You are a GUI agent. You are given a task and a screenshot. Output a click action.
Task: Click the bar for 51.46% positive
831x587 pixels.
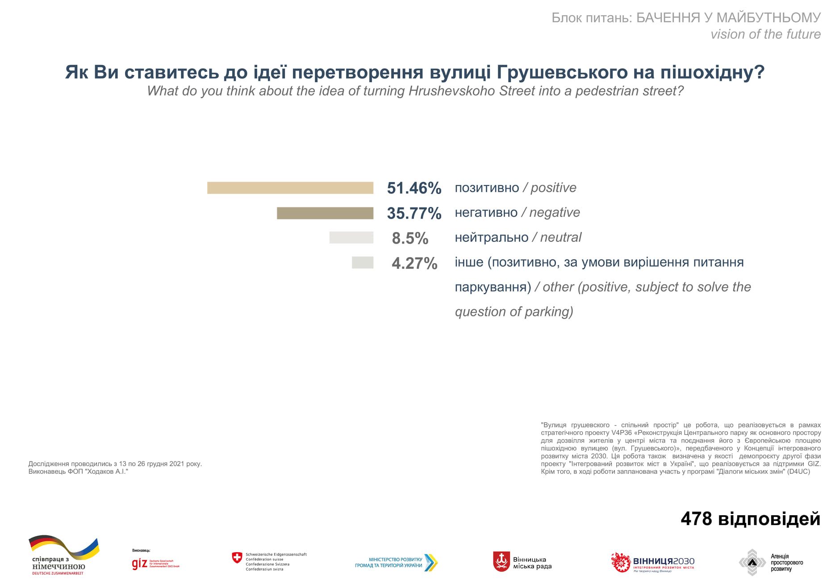point(290,188)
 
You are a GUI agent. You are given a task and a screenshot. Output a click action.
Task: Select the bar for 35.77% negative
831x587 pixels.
point(325,213)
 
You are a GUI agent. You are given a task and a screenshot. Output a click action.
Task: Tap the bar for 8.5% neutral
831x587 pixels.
point(351,238)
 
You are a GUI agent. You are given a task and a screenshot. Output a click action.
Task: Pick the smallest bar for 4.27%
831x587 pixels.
point(363,263)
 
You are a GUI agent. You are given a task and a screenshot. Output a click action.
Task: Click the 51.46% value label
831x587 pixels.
point(414,188)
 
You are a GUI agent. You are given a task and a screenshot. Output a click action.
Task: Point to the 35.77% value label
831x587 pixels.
point(414,213)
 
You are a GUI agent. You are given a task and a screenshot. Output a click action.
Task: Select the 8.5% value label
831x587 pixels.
point(410,239)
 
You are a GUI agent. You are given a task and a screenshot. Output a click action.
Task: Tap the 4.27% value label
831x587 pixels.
point(414,264)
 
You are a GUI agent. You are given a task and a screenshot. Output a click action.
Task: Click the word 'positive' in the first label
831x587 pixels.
point(553,188)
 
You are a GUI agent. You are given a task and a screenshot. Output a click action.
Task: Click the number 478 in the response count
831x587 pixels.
point(696,519)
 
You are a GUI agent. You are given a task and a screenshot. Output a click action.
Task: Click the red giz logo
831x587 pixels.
point(140,564)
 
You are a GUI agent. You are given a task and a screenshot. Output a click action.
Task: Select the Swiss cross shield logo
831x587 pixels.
point(237,558)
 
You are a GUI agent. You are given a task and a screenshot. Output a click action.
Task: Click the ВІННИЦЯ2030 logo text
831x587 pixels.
point(664,561)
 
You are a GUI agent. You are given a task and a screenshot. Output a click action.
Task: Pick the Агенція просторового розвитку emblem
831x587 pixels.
point(752,563)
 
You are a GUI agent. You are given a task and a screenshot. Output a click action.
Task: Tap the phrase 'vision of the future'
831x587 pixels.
point(765,34)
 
